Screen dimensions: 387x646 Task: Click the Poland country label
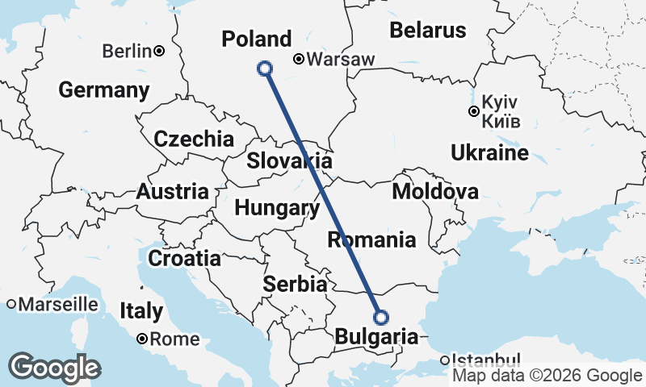tap(257, 40)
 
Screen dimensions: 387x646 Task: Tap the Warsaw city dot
tap(298, 59)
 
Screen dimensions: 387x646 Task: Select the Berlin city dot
tap(159, 52)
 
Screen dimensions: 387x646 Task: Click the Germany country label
tap(103, 89)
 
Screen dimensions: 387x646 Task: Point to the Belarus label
tap(427, 31)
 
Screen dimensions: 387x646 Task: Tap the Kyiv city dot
tap(474, 111)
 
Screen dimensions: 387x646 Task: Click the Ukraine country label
tap(490, 152)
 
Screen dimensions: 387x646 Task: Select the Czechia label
tap(194, 139)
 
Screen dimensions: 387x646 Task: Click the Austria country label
tap(171, 192)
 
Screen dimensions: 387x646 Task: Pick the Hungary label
tap(276, 208)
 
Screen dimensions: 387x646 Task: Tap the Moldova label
tap(434, 192)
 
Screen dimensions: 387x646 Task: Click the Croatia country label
tap(184, 258)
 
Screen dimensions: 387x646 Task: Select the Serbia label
tap(296, 284)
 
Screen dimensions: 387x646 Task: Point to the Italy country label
tap(141, 310)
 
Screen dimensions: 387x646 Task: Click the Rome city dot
tap(141, 339)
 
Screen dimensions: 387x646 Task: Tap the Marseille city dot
tap(12, 305)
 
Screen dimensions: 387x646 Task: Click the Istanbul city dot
tap(445, 360)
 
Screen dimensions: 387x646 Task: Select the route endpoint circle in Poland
tap(264, 69)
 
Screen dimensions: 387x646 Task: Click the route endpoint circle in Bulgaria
tap(381, 317)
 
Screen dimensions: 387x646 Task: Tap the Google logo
tap(54, 368)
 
